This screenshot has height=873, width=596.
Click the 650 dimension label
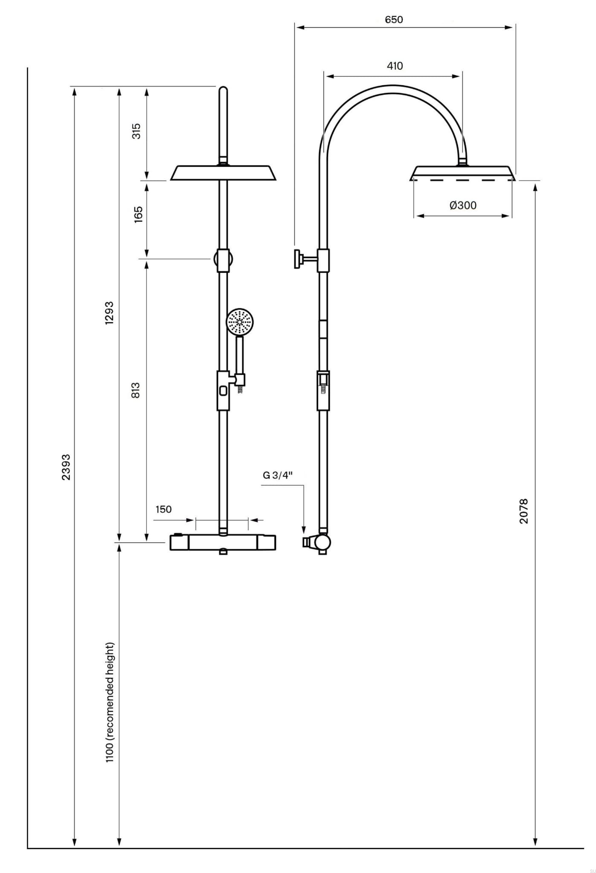[393, 20]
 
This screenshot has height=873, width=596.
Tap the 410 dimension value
[395, 66]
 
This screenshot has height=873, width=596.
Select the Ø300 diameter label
[463, 205]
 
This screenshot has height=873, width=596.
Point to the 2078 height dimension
[524, 511]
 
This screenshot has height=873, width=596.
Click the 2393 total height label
[66, 467]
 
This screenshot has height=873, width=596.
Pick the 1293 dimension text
[110, 313]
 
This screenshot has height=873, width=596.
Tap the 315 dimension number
[137, 131]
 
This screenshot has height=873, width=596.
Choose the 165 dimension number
[138, 215]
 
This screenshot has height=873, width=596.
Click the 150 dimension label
[163, 509]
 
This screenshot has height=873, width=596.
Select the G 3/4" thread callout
[277, 475]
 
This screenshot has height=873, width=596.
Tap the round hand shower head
[240, 323]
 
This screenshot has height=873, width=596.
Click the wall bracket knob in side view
[297, 259]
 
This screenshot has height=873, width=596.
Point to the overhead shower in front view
[223, 173]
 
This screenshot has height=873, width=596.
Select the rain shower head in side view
[463, 173]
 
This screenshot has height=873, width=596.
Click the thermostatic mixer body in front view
[223, 542]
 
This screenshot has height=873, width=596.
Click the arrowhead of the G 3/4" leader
[303, 531]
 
